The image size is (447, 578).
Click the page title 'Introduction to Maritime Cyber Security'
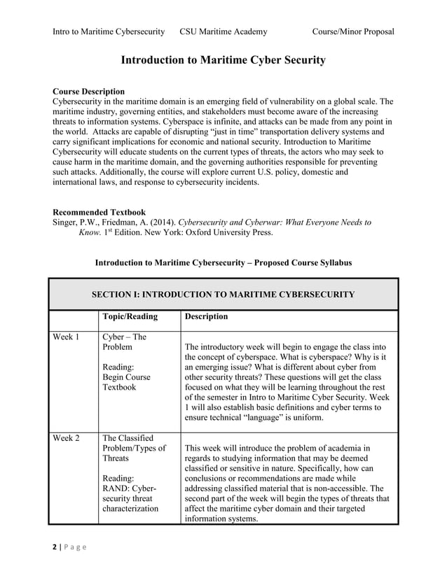223,61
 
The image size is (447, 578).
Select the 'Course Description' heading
89,92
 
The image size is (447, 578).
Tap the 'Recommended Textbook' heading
99,211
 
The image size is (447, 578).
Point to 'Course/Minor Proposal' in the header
353,31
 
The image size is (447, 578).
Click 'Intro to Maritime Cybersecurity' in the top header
109,31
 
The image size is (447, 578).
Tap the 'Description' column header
206,316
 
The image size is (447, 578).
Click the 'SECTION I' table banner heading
223,294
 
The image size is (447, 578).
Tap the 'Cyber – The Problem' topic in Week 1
125,341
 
